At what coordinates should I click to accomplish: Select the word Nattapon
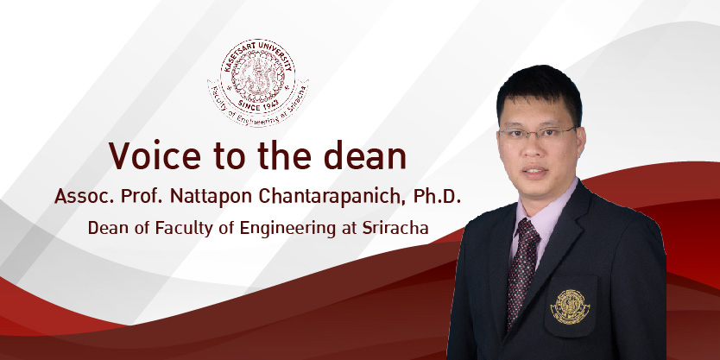click(212, 197)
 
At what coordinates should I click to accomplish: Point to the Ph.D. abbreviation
click(437, 196)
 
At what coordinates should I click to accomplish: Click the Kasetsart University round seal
click(258, 82)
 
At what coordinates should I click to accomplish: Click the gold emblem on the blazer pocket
click(570, 306)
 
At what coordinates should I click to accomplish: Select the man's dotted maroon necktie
click(523, 271)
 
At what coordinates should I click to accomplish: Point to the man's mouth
click(535, 171)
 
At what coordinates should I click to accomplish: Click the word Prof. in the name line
click(142, 196)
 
